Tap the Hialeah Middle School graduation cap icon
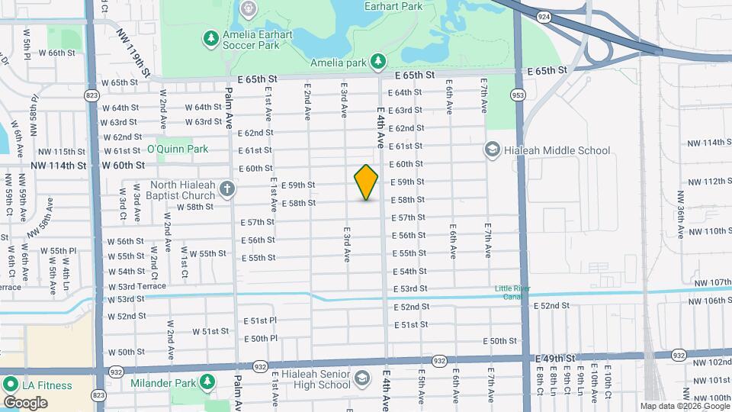[x=493, y=150]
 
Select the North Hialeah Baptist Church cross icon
[x=227, y=188]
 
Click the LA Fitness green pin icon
[x=11, y=385]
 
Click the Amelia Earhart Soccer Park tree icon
[x=210, y=37]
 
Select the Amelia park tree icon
[x=377, y=61]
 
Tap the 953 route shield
[x=518, y=95]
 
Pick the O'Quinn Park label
[x=177, y=149]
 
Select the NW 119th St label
[x=134, y=53]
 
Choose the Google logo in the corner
[x=25, y=402]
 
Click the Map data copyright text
[x=683, y=406]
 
